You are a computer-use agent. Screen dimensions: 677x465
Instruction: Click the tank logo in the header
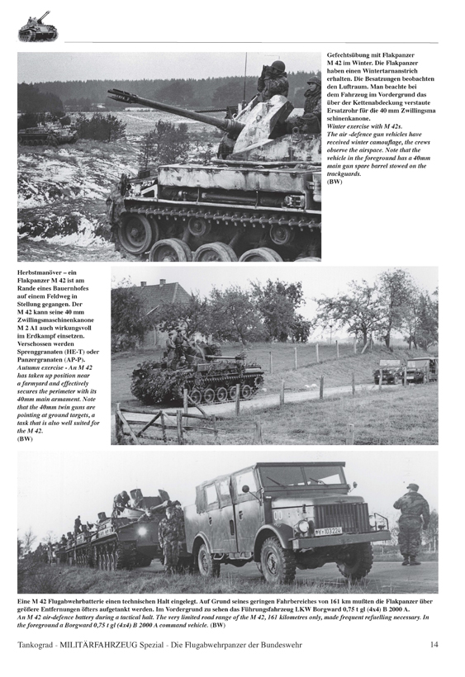34,26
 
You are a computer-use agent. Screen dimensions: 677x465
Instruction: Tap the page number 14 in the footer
434,645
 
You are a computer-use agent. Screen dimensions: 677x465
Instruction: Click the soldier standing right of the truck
410,523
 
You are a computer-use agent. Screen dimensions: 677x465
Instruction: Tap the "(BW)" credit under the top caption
335,182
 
